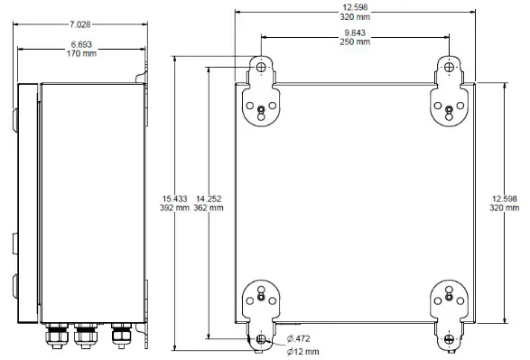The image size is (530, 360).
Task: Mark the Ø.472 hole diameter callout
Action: click(301, 339)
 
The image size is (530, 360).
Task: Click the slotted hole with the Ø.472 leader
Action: click(261, 338)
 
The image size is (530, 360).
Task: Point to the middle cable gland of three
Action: click(87, 337)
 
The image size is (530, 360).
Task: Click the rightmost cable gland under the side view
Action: click(119, 336)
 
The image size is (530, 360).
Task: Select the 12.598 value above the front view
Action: click(354, 6)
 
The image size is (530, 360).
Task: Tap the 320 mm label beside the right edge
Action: click(504, 208)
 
